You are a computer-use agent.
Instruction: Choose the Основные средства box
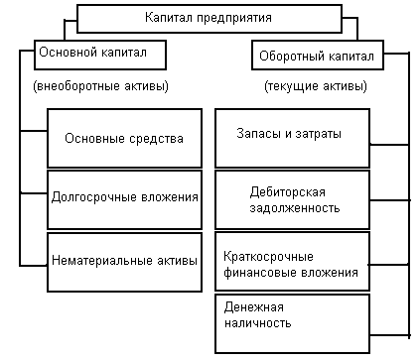point(125,138)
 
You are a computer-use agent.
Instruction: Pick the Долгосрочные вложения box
point(125,195)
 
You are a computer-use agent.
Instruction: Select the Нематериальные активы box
point(125,260)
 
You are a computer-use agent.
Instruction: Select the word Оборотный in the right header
point(289,56)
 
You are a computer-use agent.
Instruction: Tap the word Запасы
point(260,133)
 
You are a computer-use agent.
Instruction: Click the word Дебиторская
point(297,190)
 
